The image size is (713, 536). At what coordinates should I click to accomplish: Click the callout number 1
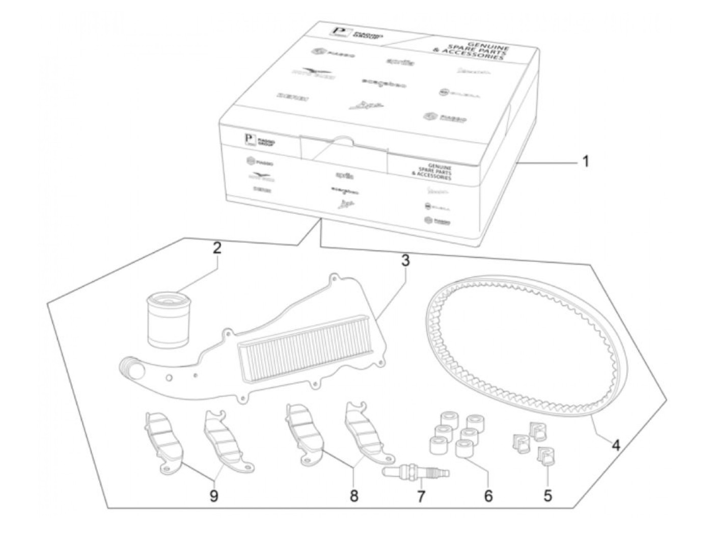tap(585, 162)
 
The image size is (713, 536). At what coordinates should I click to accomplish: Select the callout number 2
tap(217, 249)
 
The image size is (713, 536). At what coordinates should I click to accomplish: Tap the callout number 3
tap(405, 261)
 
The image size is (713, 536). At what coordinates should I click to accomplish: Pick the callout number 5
tap(547, 495)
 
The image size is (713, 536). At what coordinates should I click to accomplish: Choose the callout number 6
tap(488, 495)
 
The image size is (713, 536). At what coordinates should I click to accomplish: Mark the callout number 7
tap(421, 495)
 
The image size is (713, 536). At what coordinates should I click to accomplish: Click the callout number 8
tap(354, 495)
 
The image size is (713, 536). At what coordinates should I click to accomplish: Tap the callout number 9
tap(214, 495)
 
